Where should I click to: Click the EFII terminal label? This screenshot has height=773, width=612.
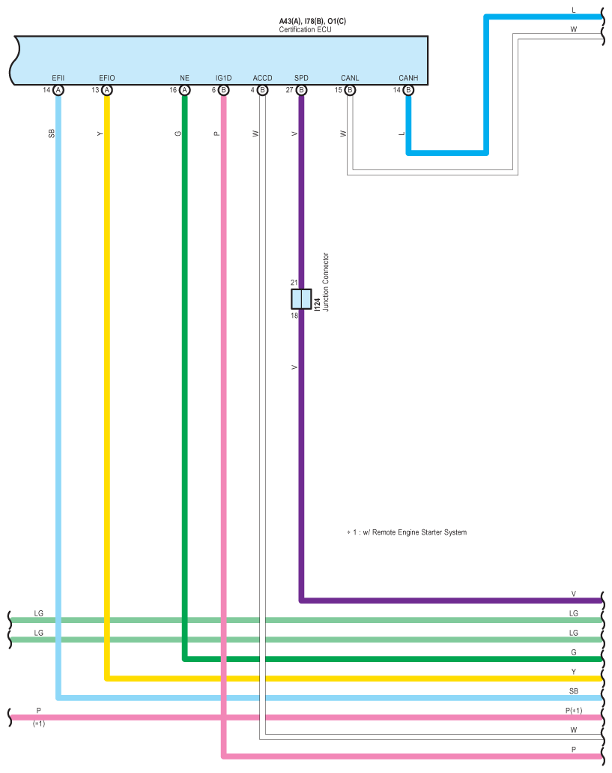[58, 78]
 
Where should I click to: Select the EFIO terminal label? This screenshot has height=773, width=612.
[107, 78]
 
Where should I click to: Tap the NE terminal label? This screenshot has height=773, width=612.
[185, 78]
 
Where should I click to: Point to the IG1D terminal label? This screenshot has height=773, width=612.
[223, 78]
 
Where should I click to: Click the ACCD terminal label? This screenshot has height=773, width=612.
[262, 78]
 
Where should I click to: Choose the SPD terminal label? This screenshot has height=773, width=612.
[301, 78]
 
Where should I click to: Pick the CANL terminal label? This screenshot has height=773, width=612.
[350, 78]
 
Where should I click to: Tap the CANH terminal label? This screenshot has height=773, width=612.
[408, 78]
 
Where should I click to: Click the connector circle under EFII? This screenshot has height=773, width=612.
[58, 90]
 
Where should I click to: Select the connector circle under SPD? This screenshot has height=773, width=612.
[301, 90]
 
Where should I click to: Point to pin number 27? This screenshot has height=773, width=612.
[290, 90]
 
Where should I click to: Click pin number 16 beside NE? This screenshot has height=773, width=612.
[173, 90]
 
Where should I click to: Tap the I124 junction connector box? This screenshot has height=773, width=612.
[301, 299]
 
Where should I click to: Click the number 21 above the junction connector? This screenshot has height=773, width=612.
[294, 283]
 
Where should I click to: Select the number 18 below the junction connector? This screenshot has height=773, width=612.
[294, 316]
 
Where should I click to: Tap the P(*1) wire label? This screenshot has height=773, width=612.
[574, 710]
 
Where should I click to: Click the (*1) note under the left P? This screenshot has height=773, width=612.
[39, 724]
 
